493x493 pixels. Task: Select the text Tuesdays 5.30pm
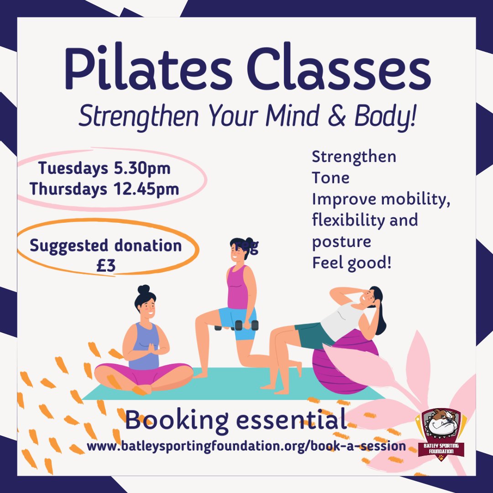pos(105,168)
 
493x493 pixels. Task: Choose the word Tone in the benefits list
pos(331,178)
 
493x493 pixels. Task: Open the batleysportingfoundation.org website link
pos(246,446)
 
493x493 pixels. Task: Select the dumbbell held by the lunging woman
pos(246,325)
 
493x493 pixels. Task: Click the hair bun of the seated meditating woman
pos(143,289)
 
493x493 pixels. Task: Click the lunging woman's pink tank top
pos(237,288)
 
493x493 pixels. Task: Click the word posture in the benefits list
pos(341,241)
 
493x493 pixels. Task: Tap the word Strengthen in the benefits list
pos(354,157)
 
